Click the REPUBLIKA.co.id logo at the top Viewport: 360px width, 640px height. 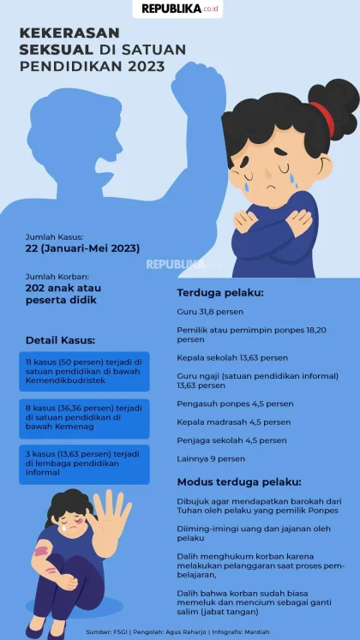click(x=179, y=9)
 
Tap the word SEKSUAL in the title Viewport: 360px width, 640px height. click(x=57, y=49)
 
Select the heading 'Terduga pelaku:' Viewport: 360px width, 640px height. click(x=208, y=292)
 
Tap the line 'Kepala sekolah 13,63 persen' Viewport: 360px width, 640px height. click(x=232, y=357)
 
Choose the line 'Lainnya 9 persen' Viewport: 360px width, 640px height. click(x=211, y=458)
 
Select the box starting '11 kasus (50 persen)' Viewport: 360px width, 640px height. click(x=84, y=372)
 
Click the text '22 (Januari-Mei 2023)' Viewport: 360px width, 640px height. click(x=83, y=248)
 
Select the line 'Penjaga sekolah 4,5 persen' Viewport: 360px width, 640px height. click(x=231, y=440)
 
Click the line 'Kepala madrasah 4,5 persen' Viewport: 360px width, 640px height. click(x=231, y=421)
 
